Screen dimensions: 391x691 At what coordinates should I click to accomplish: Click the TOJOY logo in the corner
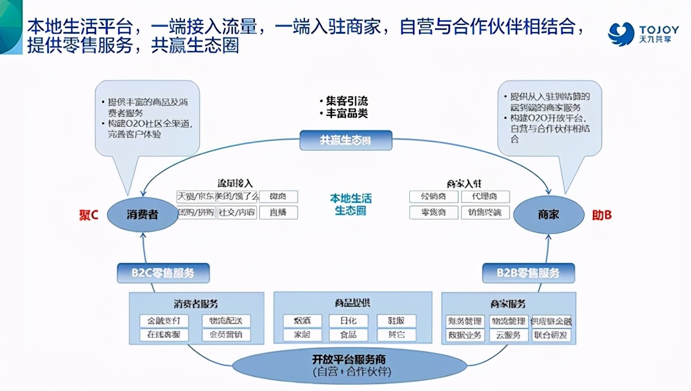pyautogui.click(x=643, y=33)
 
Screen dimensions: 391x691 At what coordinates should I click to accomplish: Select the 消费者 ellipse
pyautogui.click(x=143, y=214)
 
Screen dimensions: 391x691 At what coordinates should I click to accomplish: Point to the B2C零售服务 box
pyautogui.click(x=163, y=273)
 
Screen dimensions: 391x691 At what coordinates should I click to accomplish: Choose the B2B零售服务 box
pyautogui.click(x=528, y=273)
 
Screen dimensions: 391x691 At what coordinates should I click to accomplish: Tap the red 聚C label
pyautogui.click(x=89, y=215)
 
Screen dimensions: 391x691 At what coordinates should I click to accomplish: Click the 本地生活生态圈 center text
pyautogui.click(x=350, y=205)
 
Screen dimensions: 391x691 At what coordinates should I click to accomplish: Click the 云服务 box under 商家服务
pyautogui.click(x=508, y=335)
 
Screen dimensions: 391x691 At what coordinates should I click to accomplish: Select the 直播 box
pyautogui.click(x=278, y=212)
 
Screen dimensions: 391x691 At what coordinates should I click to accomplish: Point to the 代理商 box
pyautogui.click(x=485, y=197)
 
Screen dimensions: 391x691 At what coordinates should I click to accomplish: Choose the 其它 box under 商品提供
pyautogui.click(x=396, y=335)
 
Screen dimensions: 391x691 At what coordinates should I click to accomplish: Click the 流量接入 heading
pyautogui.click(x=235, y=183)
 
